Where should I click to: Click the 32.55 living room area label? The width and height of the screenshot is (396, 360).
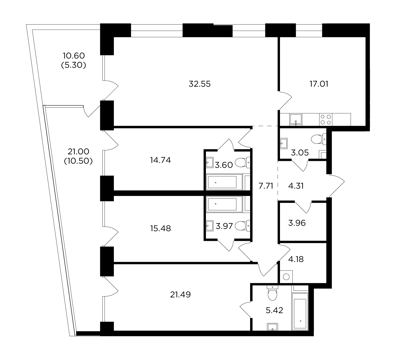[200, 84]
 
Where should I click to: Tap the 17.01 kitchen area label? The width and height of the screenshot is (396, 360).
[319, 84]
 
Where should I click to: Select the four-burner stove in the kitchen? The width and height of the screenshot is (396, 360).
[325, 119]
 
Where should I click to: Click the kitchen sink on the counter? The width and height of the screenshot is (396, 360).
[296, 119]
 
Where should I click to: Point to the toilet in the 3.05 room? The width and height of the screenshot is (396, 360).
[318, 139]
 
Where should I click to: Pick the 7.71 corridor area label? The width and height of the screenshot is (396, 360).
[266, 186]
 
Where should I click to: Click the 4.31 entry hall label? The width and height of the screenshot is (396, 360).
[296, 186]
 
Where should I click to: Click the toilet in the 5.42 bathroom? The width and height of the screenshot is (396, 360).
[273, 293]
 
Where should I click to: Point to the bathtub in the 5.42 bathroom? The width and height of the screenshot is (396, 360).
[300, 311]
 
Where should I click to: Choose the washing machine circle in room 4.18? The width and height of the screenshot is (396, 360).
[286, 277]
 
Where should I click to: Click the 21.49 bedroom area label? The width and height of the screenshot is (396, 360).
[180, 295]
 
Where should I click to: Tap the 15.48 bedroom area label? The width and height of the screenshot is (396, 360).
[160, 228]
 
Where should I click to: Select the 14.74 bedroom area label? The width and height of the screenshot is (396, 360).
[160, 160]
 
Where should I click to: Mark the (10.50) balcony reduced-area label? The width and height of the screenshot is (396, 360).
[78, 161]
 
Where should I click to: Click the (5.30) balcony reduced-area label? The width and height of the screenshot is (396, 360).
[74, 65]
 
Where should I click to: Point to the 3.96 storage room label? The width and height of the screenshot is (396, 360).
[297, 223]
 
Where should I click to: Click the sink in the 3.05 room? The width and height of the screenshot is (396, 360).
[284, 143]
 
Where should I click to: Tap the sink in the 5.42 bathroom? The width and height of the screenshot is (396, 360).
[273, 327]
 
